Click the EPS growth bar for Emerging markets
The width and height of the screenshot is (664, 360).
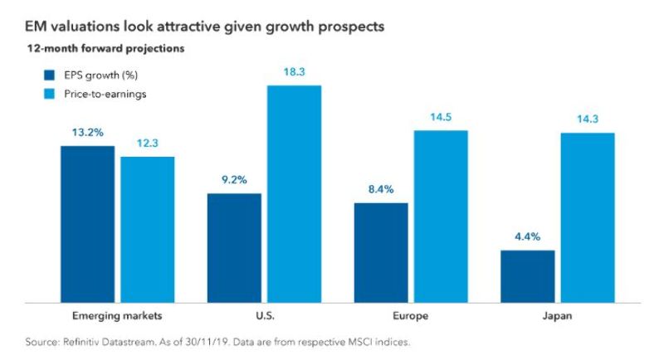(x=88, y=223)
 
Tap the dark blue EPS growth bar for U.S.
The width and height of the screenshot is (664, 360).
(x=235, y=247)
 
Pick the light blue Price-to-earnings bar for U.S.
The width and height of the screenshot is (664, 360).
(x=294, y=193)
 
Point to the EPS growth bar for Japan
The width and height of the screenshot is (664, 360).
(x=528, y=275)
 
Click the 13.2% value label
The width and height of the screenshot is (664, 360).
(x=88, y=131)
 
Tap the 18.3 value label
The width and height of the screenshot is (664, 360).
(x=294, y=71)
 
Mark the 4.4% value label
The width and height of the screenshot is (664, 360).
(x=528, y=236)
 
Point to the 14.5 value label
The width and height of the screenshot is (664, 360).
(x=441, y=117)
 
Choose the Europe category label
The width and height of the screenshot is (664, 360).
(x=411, y=316)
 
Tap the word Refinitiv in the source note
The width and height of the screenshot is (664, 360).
(x=88, y=342)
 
